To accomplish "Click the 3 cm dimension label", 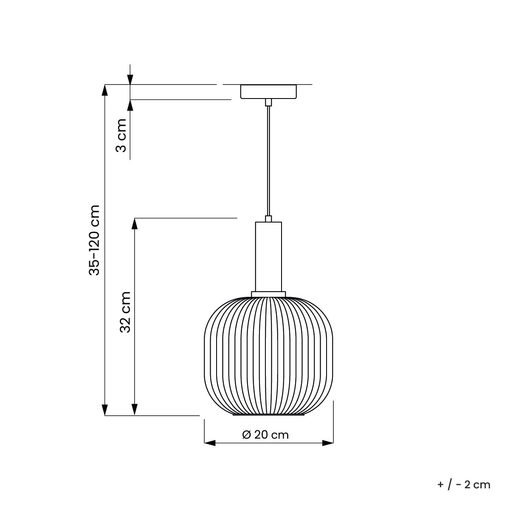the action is [x=121, y=135].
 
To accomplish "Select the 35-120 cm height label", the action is [x=94, y=240].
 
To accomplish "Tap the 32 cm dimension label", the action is [x=125, y=312].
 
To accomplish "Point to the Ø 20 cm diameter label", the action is [x=265, y=435].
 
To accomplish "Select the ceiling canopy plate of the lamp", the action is [x=268, y=92].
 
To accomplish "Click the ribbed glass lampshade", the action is [x=269, y=356].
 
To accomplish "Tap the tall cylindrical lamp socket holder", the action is [x=268, y=256].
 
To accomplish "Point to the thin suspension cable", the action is [x=268, y=161].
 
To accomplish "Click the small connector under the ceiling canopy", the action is [x=268, y=102].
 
